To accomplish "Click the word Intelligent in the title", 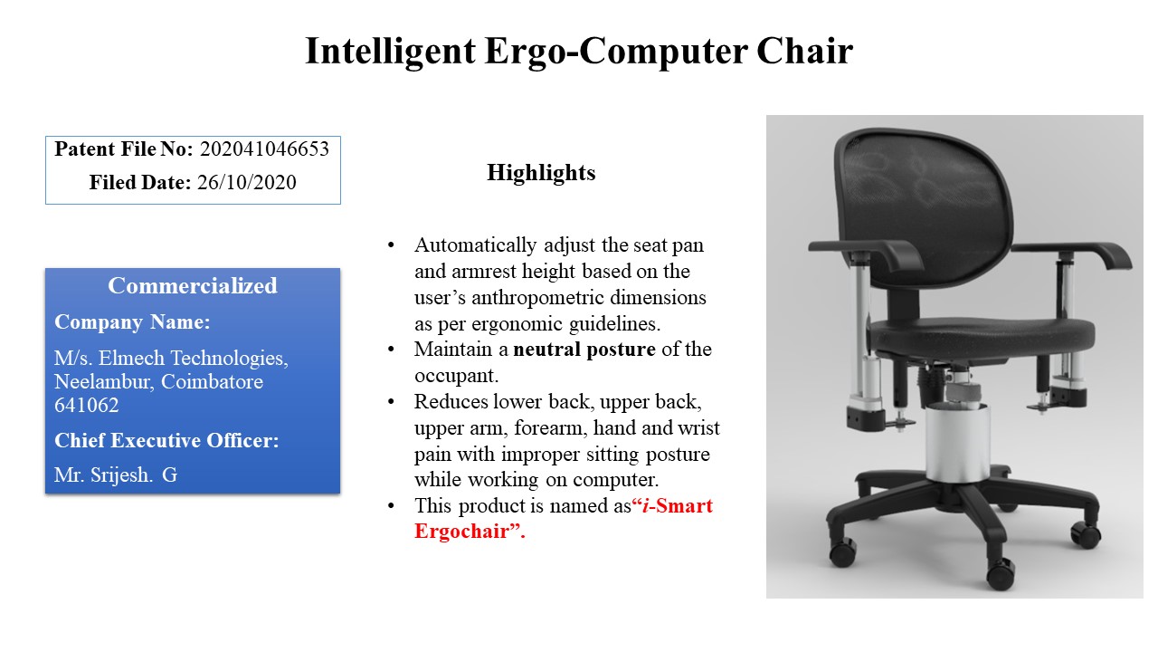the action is coord(390,52).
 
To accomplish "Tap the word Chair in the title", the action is coord(804,51).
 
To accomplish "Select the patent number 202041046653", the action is coord(264,149).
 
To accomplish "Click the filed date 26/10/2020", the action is coord(247,182).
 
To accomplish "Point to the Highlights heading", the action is coord(541,173).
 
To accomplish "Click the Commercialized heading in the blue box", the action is coord(193,285).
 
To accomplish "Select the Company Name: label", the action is coord(132,321).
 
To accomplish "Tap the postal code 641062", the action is coord(86,405).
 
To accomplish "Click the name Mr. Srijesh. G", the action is coord(116,475).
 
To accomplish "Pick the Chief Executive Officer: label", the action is coord(166,440).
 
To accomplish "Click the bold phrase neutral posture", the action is coord(584,350).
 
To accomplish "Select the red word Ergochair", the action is coord(461,532).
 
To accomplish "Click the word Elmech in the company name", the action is coord(131,358).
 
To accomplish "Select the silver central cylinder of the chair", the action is coord(957,443).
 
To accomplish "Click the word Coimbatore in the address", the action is coord(212,381).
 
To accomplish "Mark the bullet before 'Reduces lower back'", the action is coord(391,402).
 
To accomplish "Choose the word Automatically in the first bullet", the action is coord(475,245).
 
